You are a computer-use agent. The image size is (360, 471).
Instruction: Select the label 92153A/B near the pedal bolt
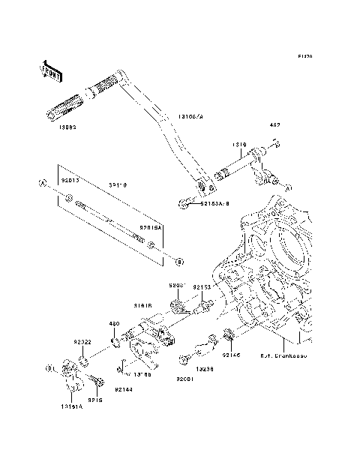[213, 202]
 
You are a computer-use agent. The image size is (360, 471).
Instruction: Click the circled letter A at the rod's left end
[43, 182]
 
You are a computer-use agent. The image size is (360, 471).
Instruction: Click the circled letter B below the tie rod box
[179, 261]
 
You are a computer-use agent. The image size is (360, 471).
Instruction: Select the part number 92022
[82, 342]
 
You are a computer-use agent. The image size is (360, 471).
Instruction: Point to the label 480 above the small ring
[115, 325]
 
